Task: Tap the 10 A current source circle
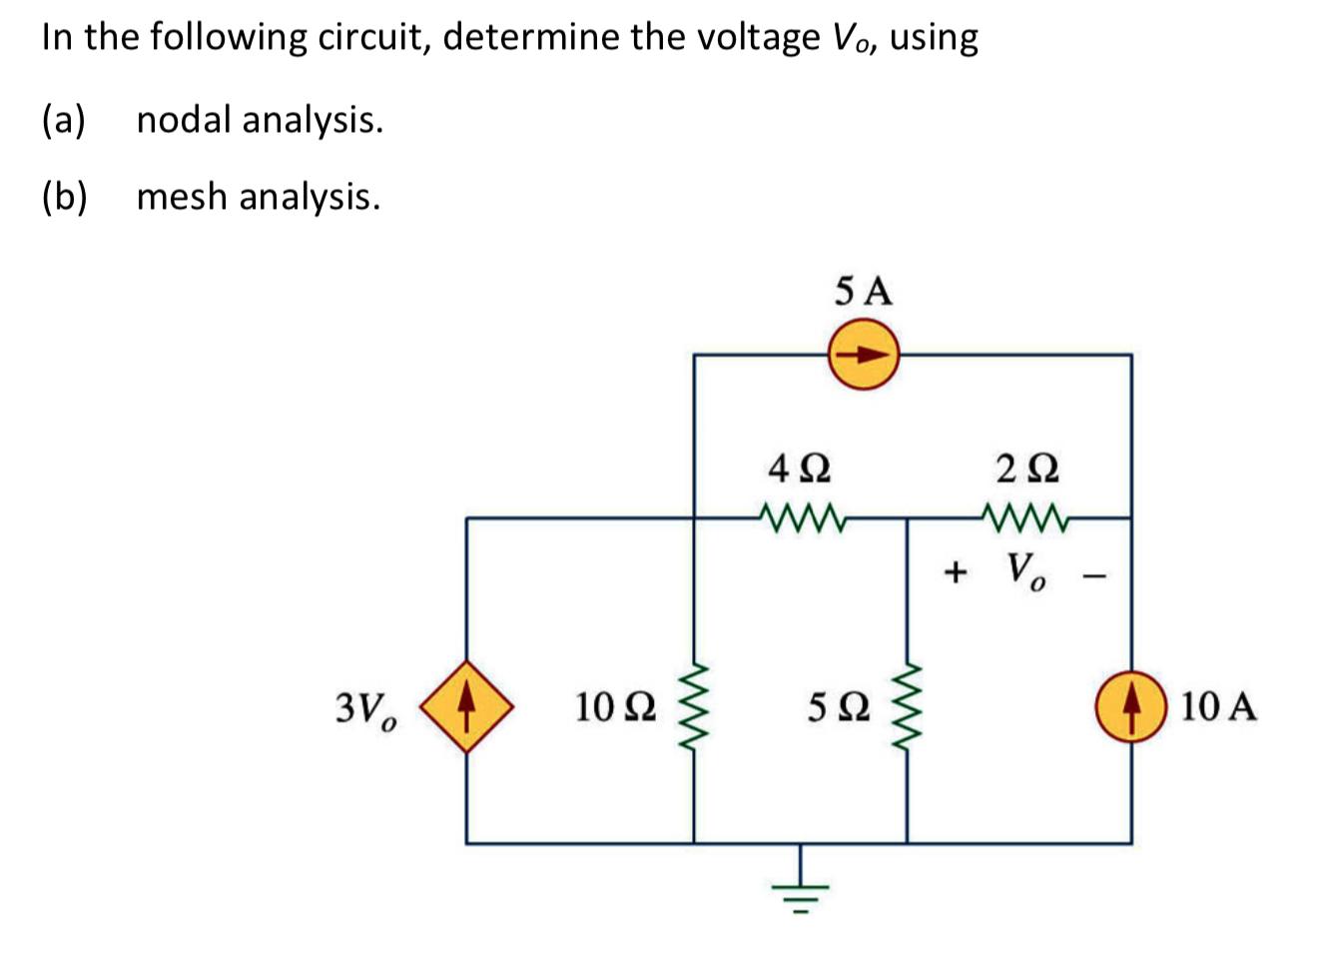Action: click(1130, 706)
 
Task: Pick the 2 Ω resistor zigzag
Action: click(1027, 517)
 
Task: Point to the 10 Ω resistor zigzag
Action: click(694, 707)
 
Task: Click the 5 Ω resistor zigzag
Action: click(907, 707)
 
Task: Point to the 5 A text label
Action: click(864, 292)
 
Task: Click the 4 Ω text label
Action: click(800, 468)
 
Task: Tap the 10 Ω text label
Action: click(616, 707)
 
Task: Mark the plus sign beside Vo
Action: click(956, 572)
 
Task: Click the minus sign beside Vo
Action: click(1097, 573)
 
